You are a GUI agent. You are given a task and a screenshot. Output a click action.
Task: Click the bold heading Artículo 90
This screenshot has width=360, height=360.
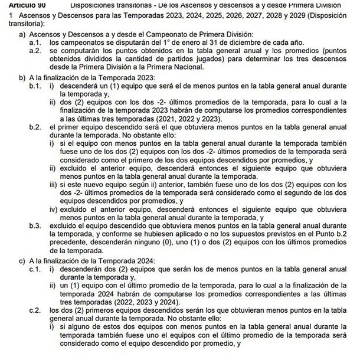tap(17, 4)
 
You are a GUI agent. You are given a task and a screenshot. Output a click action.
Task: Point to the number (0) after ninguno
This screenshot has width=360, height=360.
tap(204, 244)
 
